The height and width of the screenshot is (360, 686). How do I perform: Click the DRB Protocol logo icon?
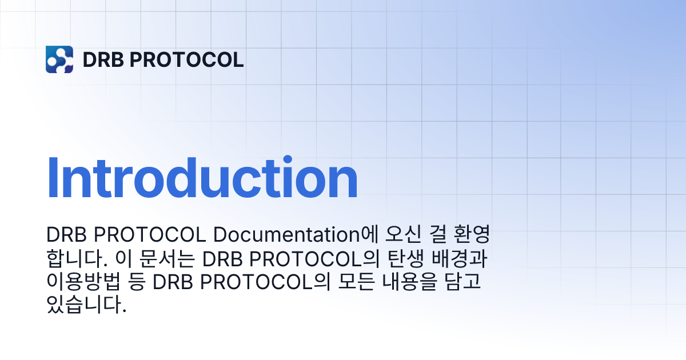59,59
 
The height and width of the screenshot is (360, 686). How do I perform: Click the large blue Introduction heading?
202,178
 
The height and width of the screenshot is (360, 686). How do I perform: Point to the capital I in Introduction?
52,178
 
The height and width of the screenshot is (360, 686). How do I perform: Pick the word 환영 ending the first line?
474,235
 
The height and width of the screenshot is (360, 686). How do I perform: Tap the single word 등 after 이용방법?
130,282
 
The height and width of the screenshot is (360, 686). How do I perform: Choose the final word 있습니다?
86,306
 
